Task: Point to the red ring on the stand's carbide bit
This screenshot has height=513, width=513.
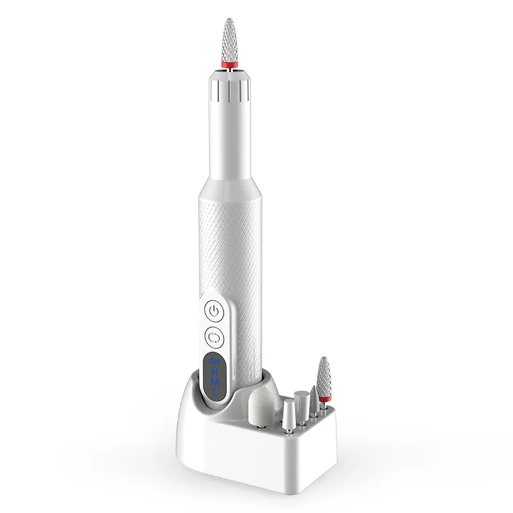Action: pos(324,399)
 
